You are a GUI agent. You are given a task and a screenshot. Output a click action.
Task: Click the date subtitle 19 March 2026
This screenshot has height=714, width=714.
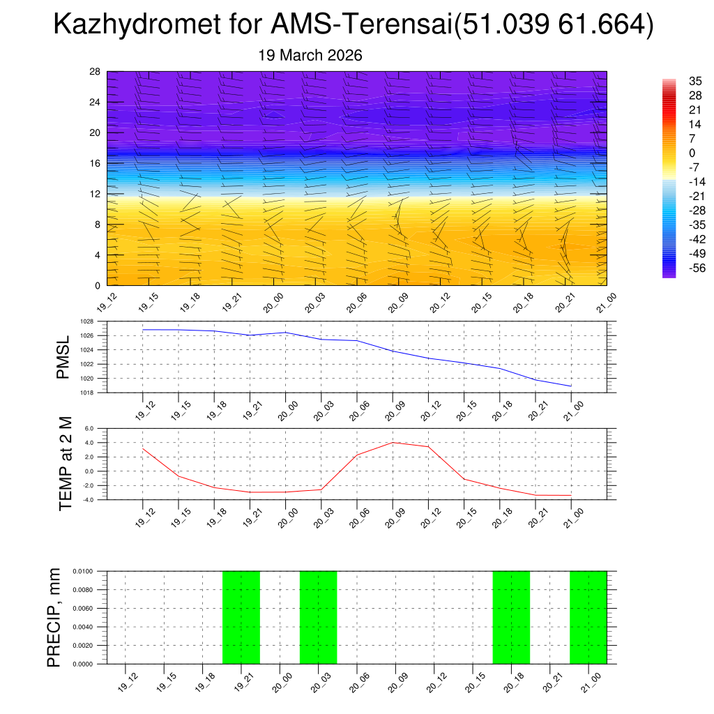[x=310, y=56]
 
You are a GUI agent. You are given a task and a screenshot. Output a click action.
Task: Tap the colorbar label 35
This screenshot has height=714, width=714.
[x=694, y=81]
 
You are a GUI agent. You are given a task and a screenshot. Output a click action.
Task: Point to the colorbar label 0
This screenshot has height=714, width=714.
[x=692, y=153]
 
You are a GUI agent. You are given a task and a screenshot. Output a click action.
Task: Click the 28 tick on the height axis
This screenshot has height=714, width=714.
[x=96, y=72]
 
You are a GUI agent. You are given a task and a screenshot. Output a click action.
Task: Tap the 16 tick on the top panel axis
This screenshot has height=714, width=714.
[x=96, y=163]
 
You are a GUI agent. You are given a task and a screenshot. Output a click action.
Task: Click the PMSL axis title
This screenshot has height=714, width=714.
[x=63, y=357]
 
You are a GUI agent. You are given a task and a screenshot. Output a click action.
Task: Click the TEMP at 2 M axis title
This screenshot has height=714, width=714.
[x=66, y=464]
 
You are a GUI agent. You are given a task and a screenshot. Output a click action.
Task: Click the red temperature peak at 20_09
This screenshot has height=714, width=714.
[x=393, y=443]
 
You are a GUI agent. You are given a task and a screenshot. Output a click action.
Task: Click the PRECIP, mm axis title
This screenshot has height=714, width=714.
[x=54, y=617]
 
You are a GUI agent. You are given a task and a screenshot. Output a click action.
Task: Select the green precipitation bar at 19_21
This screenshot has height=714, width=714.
[x=241, y=617]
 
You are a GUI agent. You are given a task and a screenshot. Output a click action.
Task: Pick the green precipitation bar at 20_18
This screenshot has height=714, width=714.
[x=511, y=617]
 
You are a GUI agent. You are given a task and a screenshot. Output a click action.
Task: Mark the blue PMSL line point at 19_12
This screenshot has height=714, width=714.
[x=143, y=330]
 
